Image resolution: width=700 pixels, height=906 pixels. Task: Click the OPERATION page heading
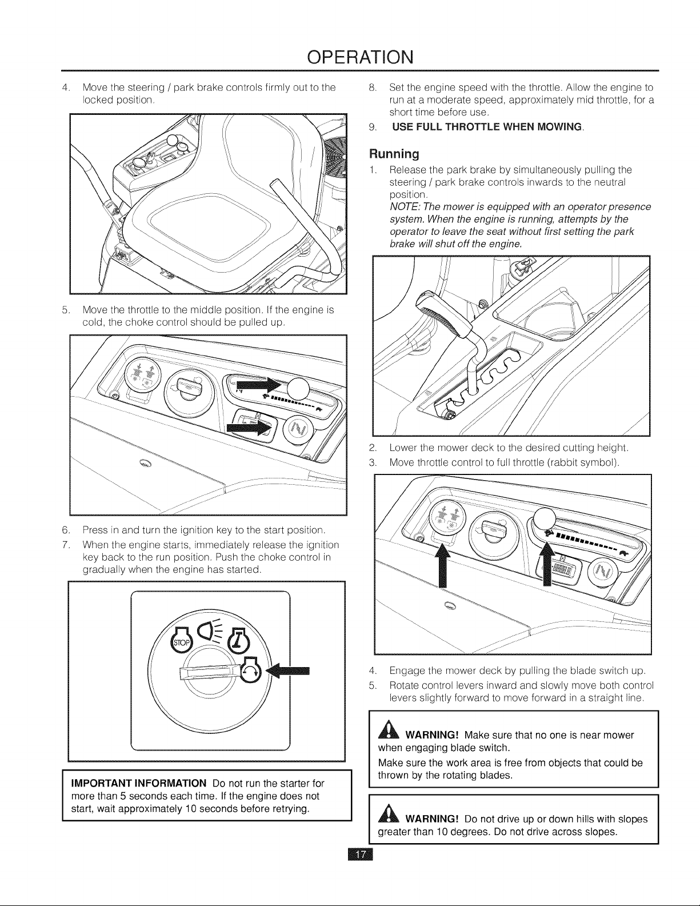(x=361, y=57)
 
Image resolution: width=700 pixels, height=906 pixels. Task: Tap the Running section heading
(x=394, y=154)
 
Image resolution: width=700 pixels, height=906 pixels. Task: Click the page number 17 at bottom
(x=361, y=855)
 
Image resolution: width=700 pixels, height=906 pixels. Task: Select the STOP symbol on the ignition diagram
(x=181, y=642)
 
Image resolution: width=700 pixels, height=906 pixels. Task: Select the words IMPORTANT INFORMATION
(x=139, y=783)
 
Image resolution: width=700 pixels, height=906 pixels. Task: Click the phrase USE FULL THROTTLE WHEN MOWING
(x=487, y=127)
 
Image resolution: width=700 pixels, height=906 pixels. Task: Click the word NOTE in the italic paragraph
(x=401, y=207)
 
